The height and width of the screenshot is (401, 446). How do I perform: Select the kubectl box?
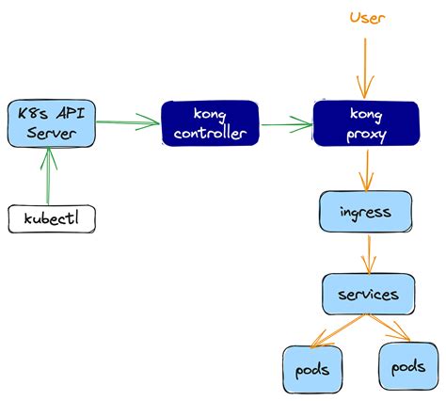tap(53, 218)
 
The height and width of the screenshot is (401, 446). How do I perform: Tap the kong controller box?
tap(210, 122)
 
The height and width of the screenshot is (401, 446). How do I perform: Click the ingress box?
tap(365, 212)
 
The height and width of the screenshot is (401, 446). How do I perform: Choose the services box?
tap(368, 295)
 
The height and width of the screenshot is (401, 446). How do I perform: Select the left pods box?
tap(310, 368)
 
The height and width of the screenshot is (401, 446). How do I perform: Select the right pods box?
tap(406, 366)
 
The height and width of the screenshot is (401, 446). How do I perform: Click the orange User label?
tap(367, 17)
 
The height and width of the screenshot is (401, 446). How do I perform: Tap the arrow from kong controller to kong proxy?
tap(286, 122)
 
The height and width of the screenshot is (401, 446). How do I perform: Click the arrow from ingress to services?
tap(369, 253)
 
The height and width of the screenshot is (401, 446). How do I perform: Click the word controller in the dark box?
tap(210, 134)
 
